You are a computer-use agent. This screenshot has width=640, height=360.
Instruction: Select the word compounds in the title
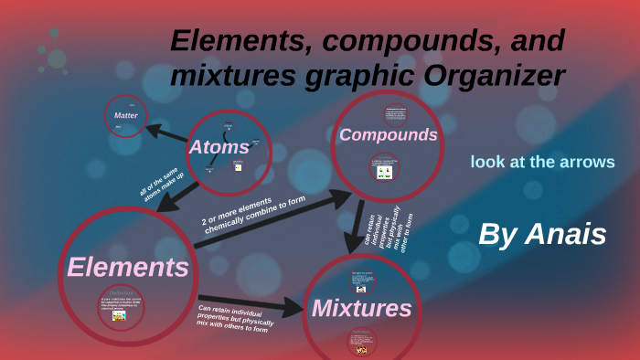[381, 40]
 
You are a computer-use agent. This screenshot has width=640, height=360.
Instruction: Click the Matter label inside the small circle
[125, 116]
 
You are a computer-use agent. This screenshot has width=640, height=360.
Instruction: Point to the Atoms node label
[219, 146]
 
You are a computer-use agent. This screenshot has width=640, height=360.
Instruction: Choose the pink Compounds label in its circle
[389, 135]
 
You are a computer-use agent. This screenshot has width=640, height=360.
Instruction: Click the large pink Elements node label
[128, 268]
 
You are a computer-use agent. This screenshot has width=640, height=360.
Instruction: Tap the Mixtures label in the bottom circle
[362, 308]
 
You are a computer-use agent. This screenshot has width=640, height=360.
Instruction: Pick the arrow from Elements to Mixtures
[251, 305]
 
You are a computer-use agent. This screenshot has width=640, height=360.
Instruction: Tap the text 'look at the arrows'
[542, 162]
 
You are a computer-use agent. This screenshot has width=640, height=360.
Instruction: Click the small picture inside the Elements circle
[119, 313]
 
